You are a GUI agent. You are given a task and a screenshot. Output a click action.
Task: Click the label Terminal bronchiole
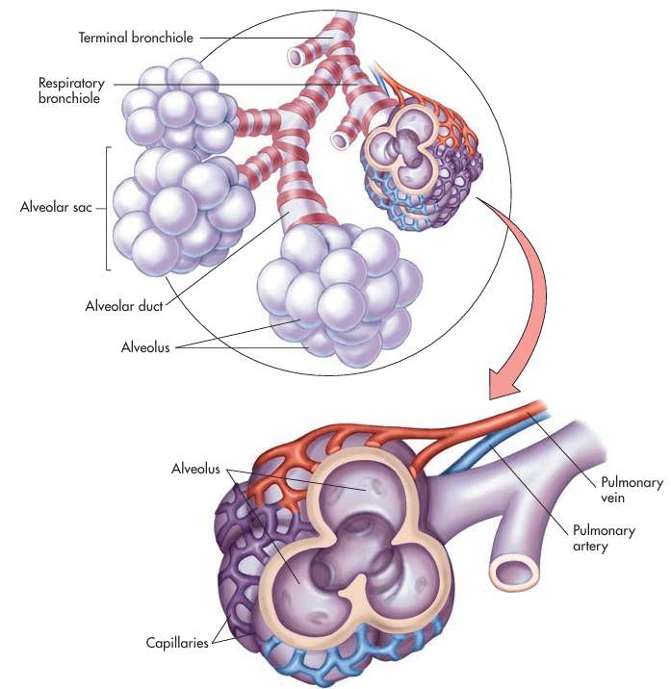(x=136, y=38)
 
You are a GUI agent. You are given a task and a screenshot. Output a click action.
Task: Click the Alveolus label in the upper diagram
(x=145, y=347)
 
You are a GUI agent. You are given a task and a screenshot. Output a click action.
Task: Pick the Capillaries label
(x=177, y=642)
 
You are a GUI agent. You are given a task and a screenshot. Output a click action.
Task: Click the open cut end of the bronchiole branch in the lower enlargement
(x=513, y=572)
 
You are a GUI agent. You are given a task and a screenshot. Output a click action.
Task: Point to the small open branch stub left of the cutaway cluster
(x=341, y=140)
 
